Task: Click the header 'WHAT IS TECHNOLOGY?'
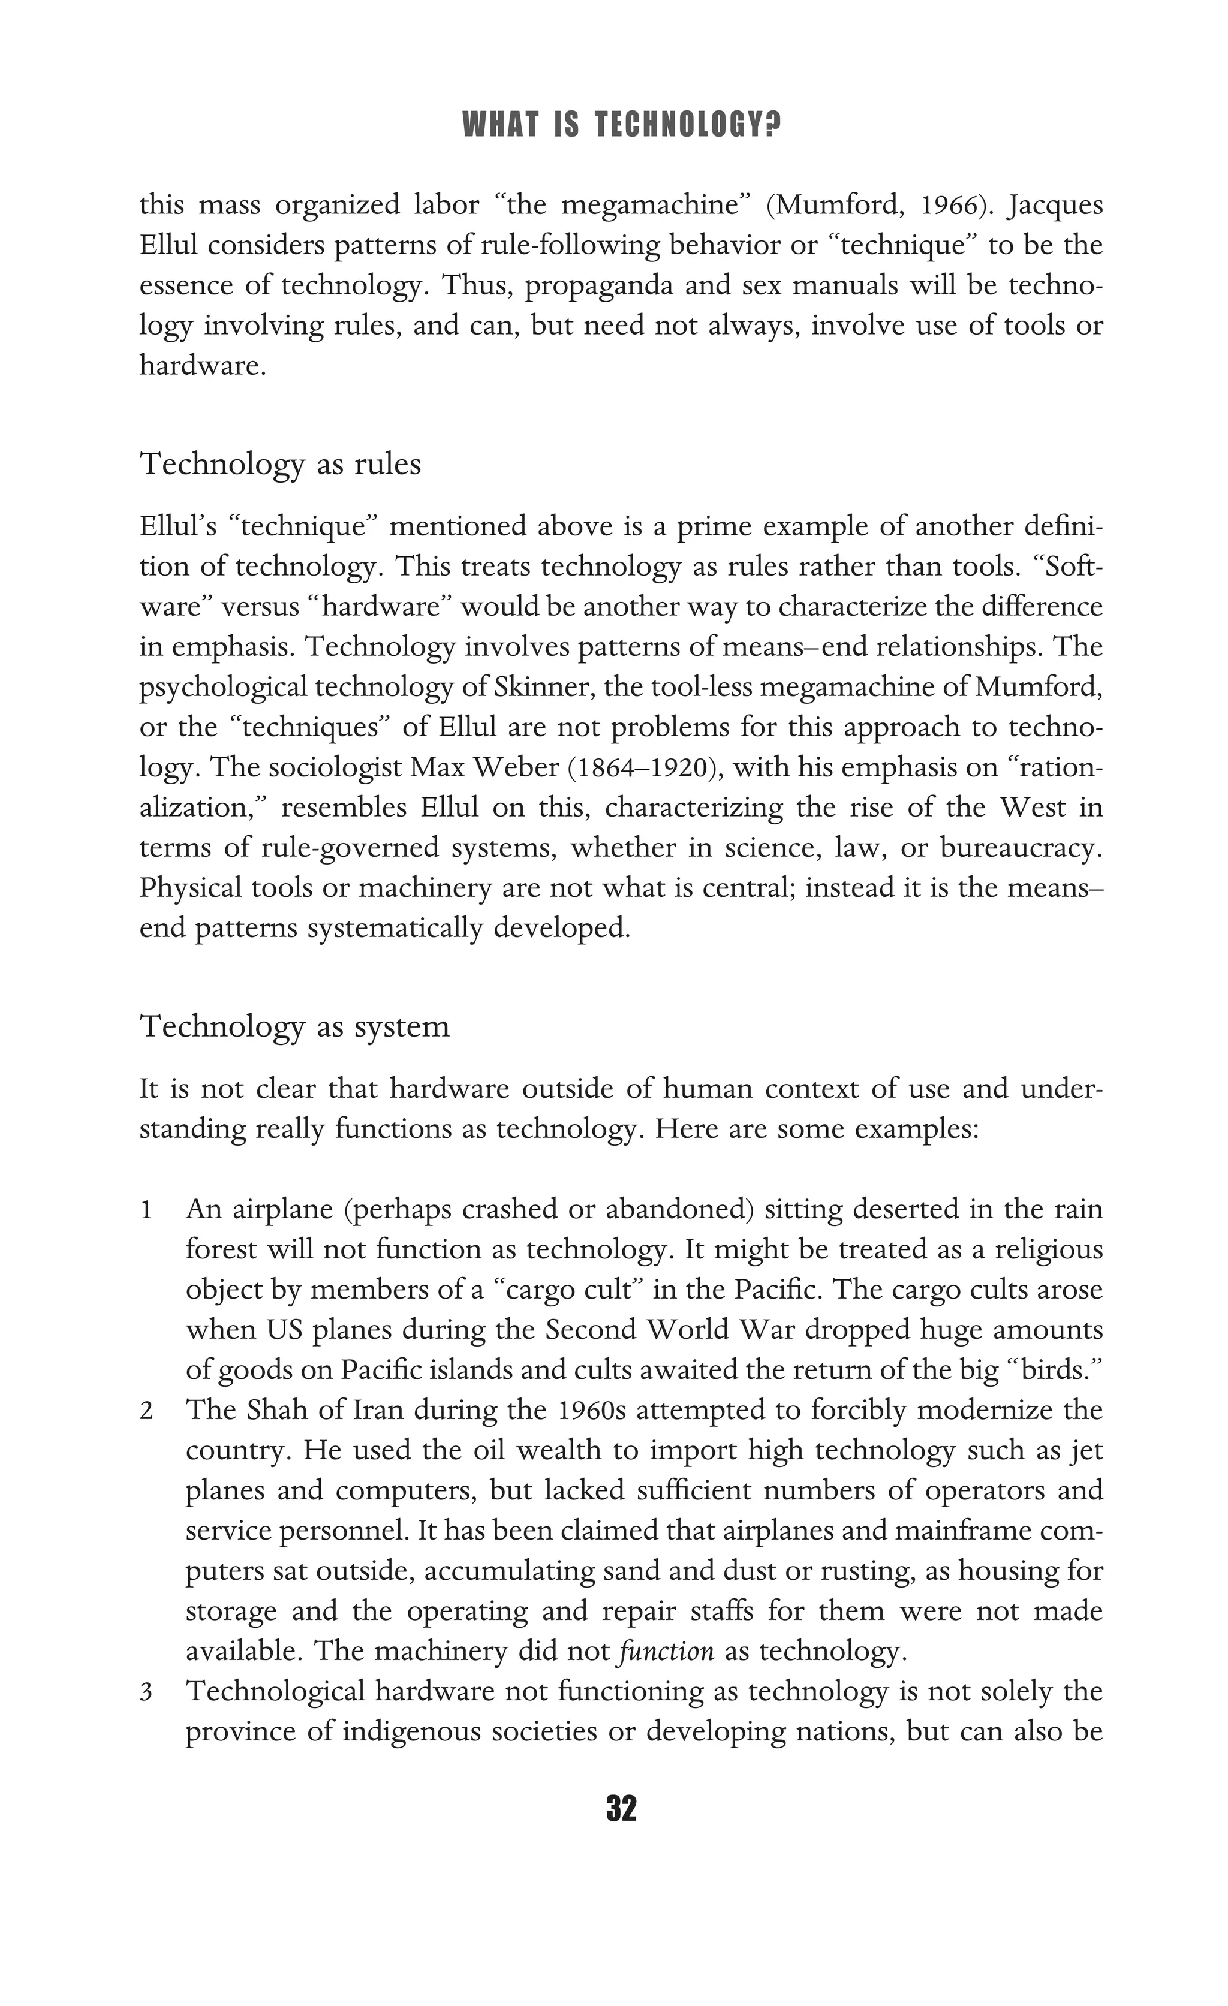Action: pyautogui.click(x=621, y=125)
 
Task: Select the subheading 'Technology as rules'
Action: pyautogui.click(x=281, y=464)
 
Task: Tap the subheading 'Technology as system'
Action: pyautogui.click(x=295, y=1026)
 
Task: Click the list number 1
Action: pyautogui.click(x=146, y=1210)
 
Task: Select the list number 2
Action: pyautogui.click(x=146, y=1411)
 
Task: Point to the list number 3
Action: pyautogui.click(x=146, y=1692)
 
